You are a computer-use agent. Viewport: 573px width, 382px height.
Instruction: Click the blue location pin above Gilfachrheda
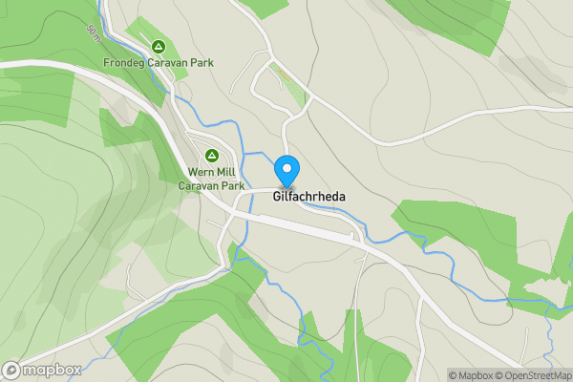pyautogui.click(x=286, y=170)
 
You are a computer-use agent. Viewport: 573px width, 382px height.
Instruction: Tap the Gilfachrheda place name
pyautogui.click(x=308, y=197)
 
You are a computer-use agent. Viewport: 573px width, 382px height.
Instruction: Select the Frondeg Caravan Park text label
pyautogui.click(x=159, y=63)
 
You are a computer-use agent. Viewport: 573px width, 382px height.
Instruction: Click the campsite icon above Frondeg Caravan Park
pyautogui.click(x=159, y=46)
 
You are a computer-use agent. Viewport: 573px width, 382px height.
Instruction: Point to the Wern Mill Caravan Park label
pyautogui.click(x=211, y=179)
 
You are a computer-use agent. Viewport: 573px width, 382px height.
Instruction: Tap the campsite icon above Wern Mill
pyautogui.click(x=211, y=155)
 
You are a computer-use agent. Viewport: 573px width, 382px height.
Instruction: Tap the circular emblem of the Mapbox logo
pyautogui.click(x=12, y=370)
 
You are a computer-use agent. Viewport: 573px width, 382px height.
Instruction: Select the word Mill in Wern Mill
pyautogui.click(x=226, y=173)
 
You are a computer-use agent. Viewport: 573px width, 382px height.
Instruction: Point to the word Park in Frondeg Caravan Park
pyautogui.click(x=202, y=63)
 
